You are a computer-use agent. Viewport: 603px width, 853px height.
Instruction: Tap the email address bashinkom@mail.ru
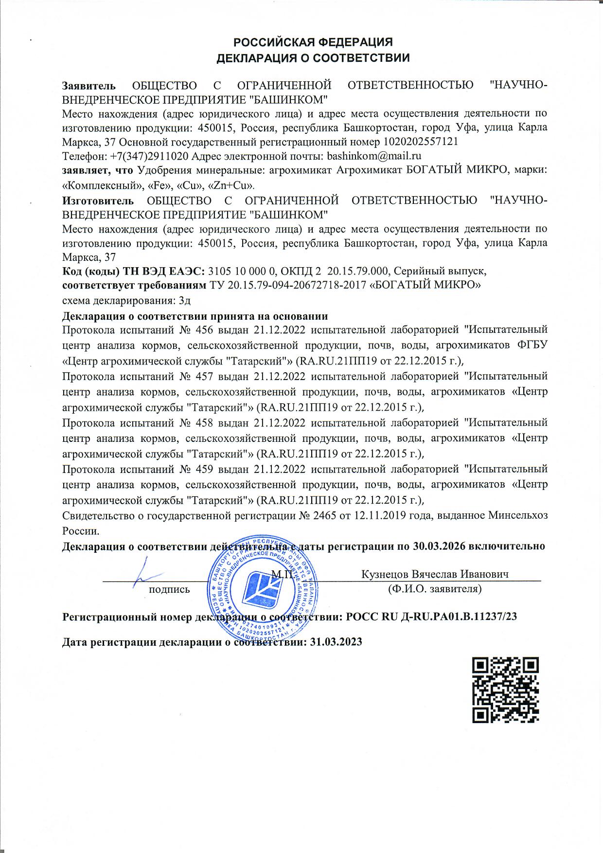(374, 156)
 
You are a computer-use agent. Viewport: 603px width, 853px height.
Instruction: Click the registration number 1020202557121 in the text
(421, 142)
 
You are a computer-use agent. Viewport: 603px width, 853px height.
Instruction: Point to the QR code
(506, 690)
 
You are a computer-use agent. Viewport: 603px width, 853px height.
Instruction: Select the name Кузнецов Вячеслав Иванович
(435, 574)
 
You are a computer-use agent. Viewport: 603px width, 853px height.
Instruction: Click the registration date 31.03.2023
(336, 642)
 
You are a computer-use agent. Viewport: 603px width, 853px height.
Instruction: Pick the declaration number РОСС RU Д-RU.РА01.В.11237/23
(431, 617)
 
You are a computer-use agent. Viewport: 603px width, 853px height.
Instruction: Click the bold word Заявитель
(89, 86)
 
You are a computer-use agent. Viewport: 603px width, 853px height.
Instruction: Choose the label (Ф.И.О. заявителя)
(434, 589)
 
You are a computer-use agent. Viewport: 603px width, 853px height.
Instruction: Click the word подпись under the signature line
(169, 589)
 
